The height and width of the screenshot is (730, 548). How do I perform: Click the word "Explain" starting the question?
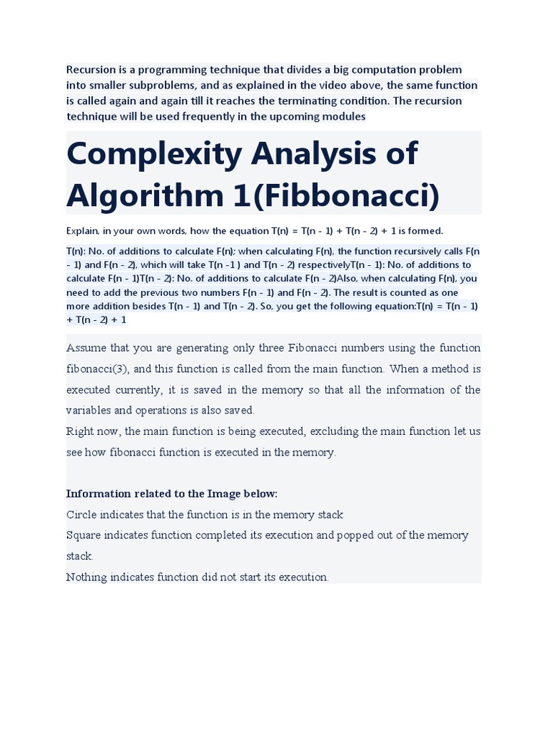81,230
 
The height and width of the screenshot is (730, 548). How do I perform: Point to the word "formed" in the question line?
425,230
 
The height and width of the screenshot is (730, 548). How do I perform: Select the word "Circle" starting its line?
80,514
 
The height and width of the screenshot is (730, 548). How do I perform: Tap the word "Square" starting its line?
83,535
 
